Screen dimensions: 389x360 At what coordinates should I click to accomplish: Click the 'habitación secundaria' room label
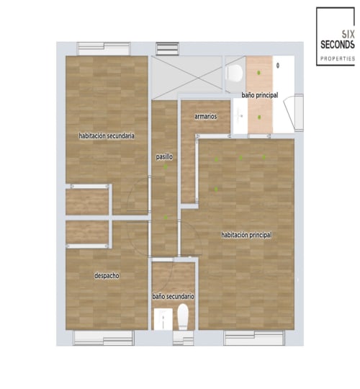(107, 135)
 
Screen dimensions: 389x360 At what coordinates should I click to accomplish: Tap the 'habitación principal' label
(246, 235)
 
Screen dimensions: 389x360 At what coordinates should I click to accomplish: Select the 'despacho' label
(107, 275)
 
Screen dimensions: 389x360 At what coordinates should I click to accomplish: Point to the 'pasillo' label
(164, 156)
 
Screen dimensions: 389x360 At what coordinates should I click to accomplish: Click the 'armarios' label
(206, 116)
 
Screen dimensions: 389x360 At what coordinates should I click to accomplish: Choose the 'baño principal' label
(260, 94)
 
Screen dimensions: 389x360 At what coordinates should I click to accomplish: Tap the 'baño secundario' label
(173, 296)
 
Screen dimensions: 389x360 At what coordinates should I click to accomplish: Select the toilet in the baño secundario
(183, 316)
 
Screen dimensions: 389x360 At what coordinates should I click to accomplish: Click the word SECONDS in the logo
(338, 44)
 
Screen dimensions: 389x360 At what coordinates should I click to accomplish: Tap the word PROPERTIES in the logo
(338, 58)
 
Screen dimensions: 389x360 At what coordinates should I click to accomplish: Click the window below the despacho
(104, 336)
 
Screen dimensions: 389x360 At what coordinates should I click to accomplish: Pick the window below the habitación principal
(253, 337)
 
